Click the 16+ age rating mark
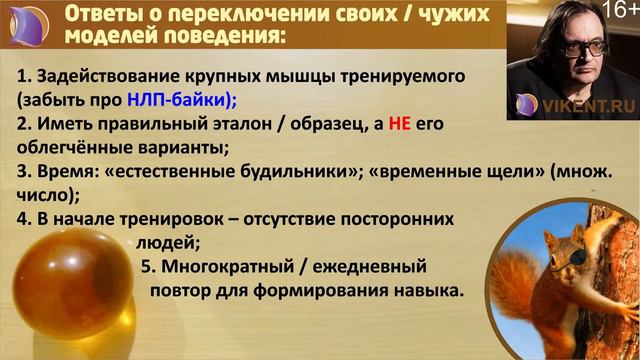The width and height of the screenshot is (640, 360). coord(618,12)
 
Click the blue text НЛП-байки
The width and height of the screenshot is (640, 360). coord(176,100)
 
